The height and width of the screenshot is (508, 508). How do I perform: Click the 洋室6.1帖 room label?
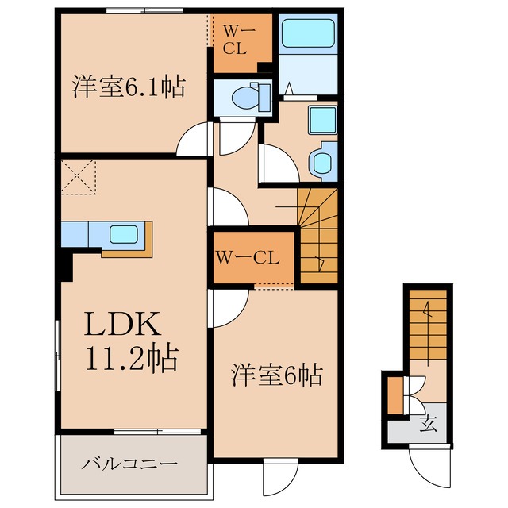click(x=129, y=86)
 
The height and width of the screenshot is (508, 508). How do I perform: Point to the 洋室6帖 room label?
click(x=276, y=374)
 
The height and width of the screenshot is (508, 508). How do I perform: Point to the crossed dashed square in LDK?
click(x=79, y=176)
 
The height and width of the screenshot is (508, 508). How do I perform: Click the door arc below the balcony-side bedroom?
click(x=279, y=475)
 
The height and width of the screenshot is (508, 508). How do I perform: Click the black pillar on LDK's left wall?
click(x=65, y=266)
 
